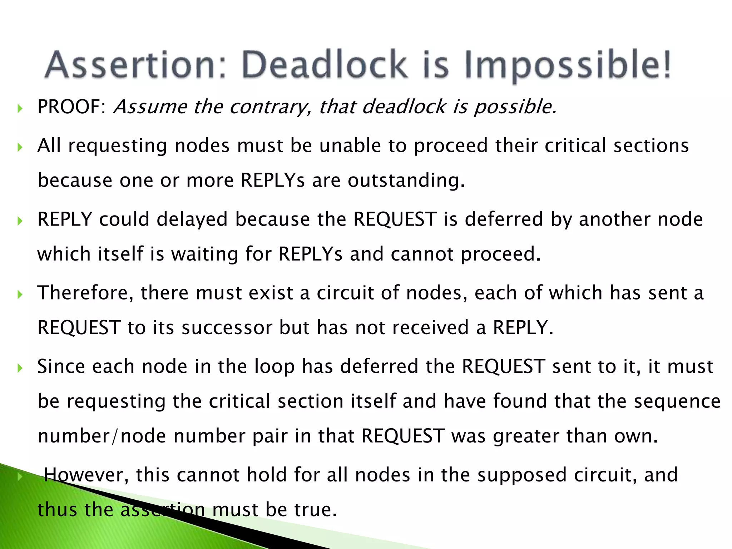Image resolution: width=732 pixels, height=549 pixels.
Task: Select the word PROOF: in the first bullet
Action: coord(71,107)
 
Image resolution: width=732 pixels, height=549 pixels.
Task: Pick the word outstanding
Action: coord(406,180)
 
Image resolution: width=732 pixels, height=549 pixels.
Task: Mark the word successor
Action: coord(227,328)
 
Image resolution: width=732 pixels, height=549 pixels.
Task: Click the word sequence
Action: coord(677,401)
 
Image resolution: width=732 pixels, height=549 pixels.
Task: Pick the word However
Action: coord(86,475)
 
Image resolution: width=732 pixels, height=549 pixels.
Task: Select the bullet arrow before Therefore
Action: coord(20,295)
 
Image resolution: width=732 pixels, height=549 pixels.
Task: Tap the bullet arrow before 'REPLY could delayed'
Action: coord(20,221)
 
